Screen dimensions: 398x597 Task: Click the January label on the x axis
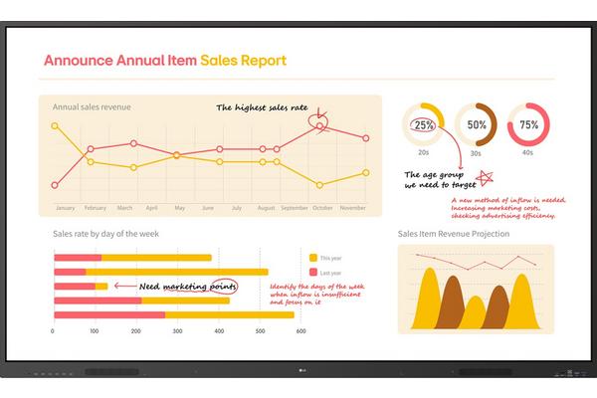tap(65, 208)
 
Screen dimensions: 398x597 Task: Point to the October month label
tap(321, 208)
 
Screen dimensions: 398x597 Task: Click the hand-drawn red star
tap(486, 178)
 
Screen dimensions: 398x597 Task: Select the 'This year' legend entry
tap(329, 257)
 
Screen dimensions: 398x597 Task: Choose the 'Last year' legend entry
tap(329, 272)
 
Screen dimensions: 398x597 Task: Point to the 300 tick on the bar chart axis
tap(177, 329)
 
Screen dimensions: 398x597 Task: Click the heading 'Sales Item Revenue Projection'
tap(453, 234)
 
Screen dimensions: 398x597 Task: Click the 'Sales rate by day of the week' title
tap(105, 234)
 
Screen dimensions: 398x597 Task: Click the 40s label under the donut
tap(528, 152)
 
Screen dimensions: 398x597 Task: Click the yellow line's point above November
tap(366, 172)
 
